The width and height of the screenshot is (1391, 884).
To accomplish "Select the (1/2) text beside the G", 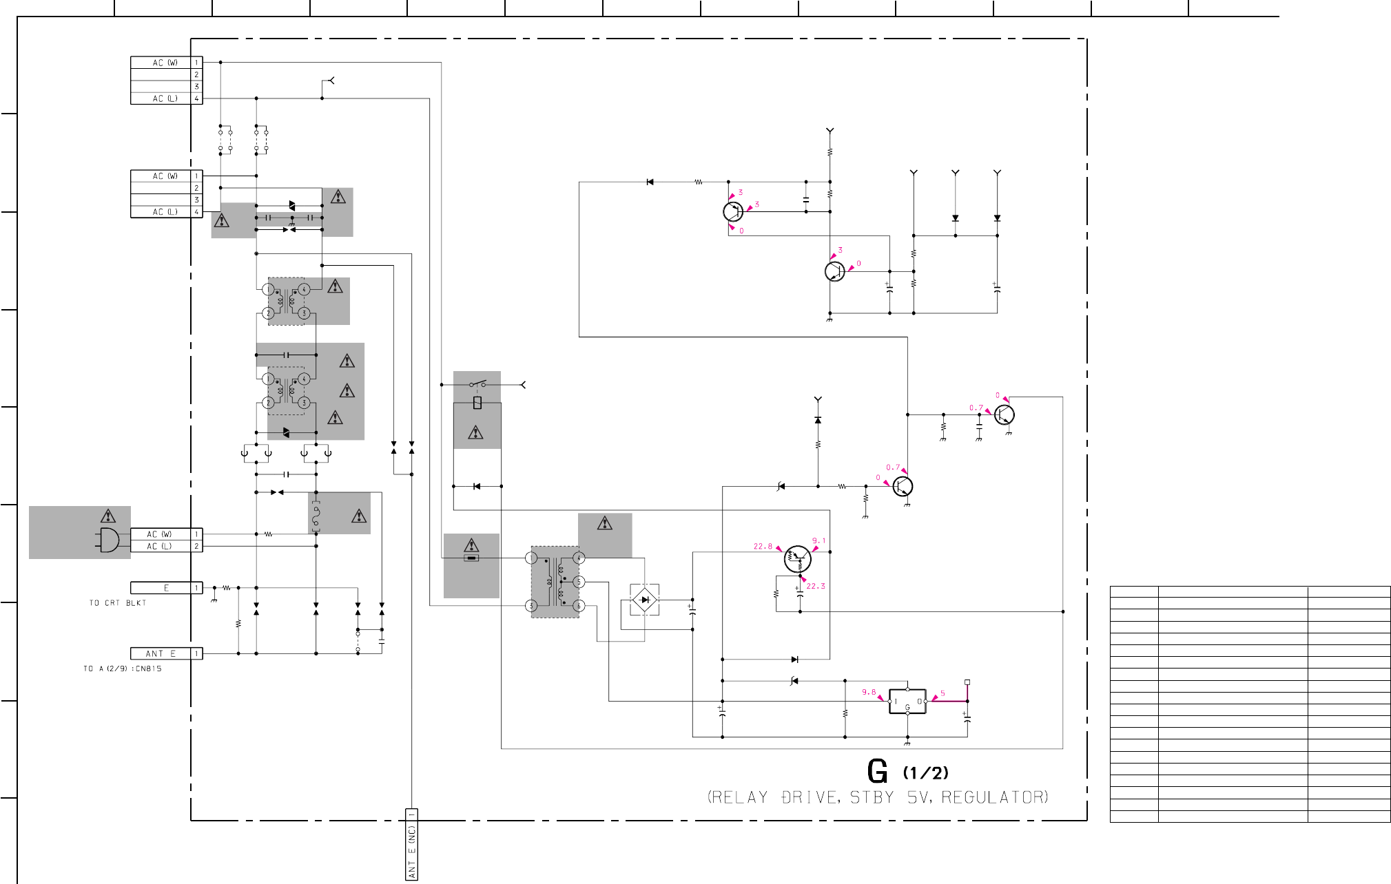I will click(925, 773).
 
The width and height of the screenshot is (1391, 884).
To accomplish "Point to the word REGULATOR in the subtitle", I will click(994, 797).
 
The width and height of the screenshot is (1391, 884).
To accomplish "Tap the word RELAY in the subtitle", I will click(738, 797).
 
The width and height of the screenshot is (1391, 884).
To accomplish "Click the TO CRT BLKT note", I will click(117, 603).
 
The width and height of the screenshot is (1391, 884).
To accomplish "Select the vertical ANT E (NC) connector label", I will click(411, 845).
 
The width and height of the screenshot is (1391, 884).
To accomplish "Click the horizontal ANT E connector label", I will click(161, 653).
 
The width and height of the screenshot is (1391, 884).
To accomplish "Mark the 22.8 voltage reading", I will click(763, 547).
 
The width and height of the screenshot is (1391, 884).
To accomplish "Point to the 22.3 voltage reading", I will click(816, 587).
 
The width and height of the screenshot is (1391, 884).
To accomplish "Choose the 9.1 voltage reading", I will click(818, 541).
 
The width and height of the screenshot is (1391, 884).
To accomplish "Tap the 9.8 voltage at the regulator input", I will click(869, 693).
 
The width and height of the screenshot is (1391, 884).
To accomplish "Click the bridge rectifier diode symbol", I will click(644, 600).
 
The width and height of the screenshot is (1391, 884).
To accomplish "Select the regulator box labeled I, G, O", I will click(907, 702).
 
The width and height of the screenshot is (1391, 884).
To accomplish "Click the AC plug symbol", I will click(109, 540).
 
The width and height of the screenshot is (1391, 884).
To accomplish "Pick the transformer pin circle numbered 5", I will click(579, 582).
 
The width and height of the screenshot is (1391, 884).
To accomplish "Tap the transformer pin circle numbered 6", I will click(579, 606).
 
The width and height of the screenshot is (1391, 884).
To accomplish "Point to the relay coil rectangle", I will click(477, 403).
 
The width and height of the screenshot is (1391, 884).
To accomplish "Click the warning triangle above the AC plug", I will click(108, 516).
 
